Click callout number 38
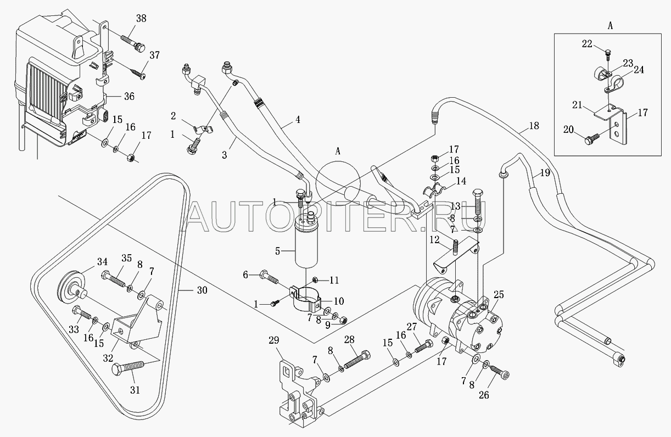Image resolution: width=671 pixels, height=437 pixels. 141,19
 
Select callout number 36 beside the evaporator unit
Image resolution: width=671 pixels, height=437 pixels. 129,97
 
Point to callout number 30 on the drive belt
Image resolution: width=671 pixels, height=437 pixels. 202,290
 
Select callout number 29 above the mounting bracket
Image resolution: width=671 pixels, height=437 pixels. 274,340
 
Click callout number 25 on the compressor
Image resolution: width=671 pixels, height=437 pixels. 499,295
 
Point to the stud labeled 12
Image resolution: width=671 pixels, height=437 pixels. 456,248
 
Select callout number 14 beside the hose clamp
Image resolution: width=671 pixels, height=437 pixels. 461,181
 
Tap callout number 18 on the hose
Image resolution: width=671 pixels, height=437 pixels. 534,126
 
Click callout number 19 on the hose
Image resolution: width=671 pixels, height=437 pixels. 545,173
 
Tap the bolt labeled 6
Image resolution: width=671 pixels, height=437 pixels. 269,277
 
